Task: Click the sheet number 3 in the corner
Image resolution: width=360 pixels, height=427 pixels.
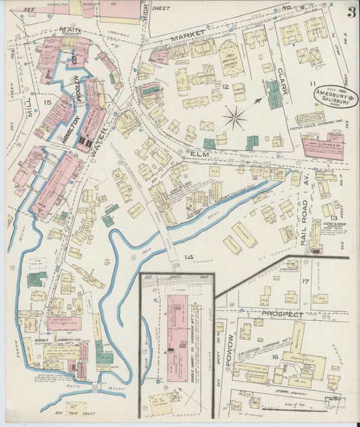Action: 352,11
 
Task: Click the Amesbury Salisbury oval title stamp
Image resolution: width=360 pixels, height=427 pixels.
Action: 335,96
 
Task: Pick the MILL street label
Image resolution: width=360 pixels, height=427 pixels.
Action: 33,103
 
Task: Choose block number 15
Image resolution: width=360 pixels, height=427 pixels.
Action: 46,102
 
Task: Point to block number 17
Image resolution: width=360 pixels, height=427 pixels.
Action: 305,280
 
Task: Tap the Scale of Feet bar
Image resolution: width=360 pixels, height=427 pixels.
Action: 333,403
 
